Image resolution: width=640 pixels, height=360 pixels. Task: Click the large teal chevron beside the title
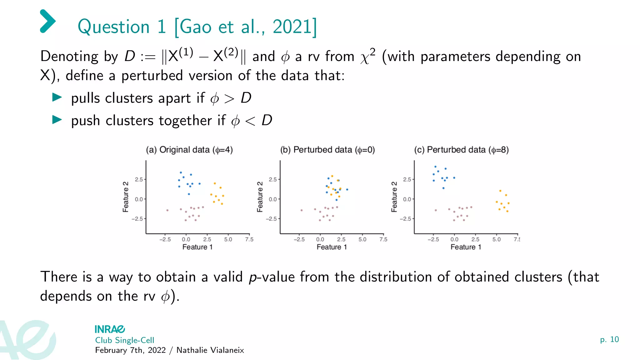[x=48, y=21]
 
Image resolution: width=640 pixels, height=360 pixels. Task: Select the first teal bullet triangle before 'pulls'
[x=57, y=97]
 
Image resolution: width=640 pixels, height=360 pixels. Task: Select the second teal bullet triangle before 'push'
[x=57, y=120]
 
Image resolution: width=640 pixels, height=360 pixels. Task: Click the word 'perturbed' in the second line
[x=152, y=76]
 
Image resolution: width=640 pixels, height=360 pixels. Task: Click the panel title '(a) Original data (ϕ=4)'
[x=189, y=150]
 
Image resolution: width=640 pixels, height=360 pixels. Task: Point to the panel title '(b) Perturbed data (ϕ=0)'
[x=327, y=150]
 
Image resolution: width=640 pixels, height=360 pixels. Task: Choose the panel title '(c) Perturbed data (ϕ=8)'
[x=461, y=150]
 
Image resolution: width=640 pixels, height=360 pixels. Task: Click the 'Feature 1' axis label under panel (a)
[x=197, y=247]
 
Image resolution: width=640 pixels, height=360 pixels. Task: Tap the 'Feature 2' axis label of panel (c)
[x=394, y=197]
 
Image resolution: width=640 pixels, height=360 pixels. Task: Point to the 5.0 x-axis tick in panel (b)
[x=362, y=239]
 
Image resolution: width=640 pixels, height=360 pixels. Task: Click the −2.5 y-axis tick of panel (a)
[x=137, y=219]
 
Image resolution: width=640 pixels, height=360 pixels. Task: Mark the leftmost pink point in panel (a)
[x=167, y=210]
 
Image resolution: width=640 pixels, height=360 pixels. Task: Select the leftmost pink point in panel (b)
[x=302, y=210]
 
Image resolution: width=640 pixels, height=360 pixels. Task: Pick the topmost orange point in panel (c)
[x=500, y=191]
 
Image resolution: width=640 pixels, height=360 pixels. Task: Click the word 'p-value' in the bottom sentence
[x=272, y=277]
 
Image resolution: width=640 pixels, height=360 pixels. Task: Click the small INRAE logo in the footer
[x=110, y=329]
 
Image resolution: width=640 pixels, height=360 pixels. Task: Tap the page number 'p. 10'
[x=609, y=339]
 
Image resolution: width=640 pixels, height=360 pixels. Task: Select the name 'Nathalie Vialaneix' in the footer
[x=210, y=350]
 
